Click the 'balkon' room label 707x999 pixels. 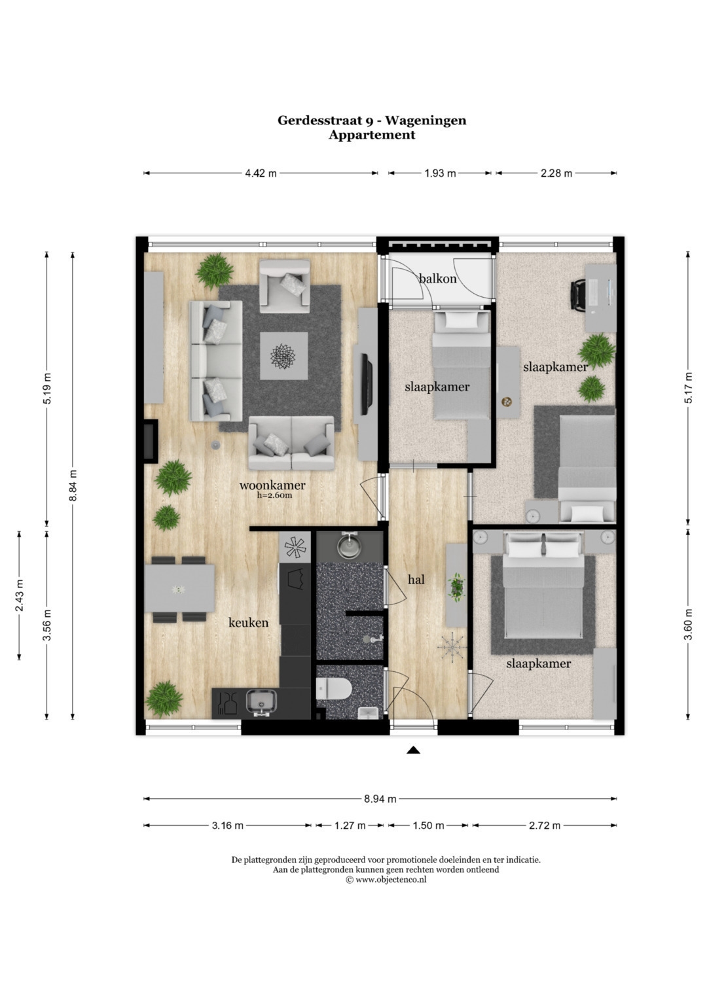click(x=437, y=279)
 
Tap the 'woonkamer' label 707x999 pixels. click(x=272, y=485)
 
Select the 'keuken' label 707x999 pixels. click(x=248, y=622)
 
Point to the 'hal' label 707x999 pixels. click(x=416, y=580)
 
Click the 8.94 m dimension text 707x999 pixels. click(x=380, y=799)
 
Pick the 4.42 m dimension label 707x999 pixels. click(x=261, y=173)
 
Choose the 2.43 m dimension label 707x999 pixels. click(x=19, y=596)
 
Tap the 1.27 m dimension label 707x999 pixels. click(x=350, y=826)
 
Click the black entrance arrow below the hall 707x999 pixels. click(x=413, y=750)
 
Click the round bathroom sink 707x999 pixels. click(x=350, y=546)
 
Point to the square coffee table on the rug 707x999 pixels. click(x=283, y=356)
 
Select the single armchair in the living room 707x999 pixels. click(x=285, y=287)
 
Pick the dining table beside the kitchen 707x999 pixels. click(x=179, y=588)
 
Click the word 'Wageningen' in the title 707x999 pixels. click(x=426, y=120)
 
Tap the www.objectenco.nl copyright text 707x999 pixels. click(x=386, y=879)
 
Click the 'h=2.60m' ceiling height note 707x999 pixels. click(x=275, y=495)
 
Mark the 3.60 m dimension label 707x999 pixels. click(x=689, y=624)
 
